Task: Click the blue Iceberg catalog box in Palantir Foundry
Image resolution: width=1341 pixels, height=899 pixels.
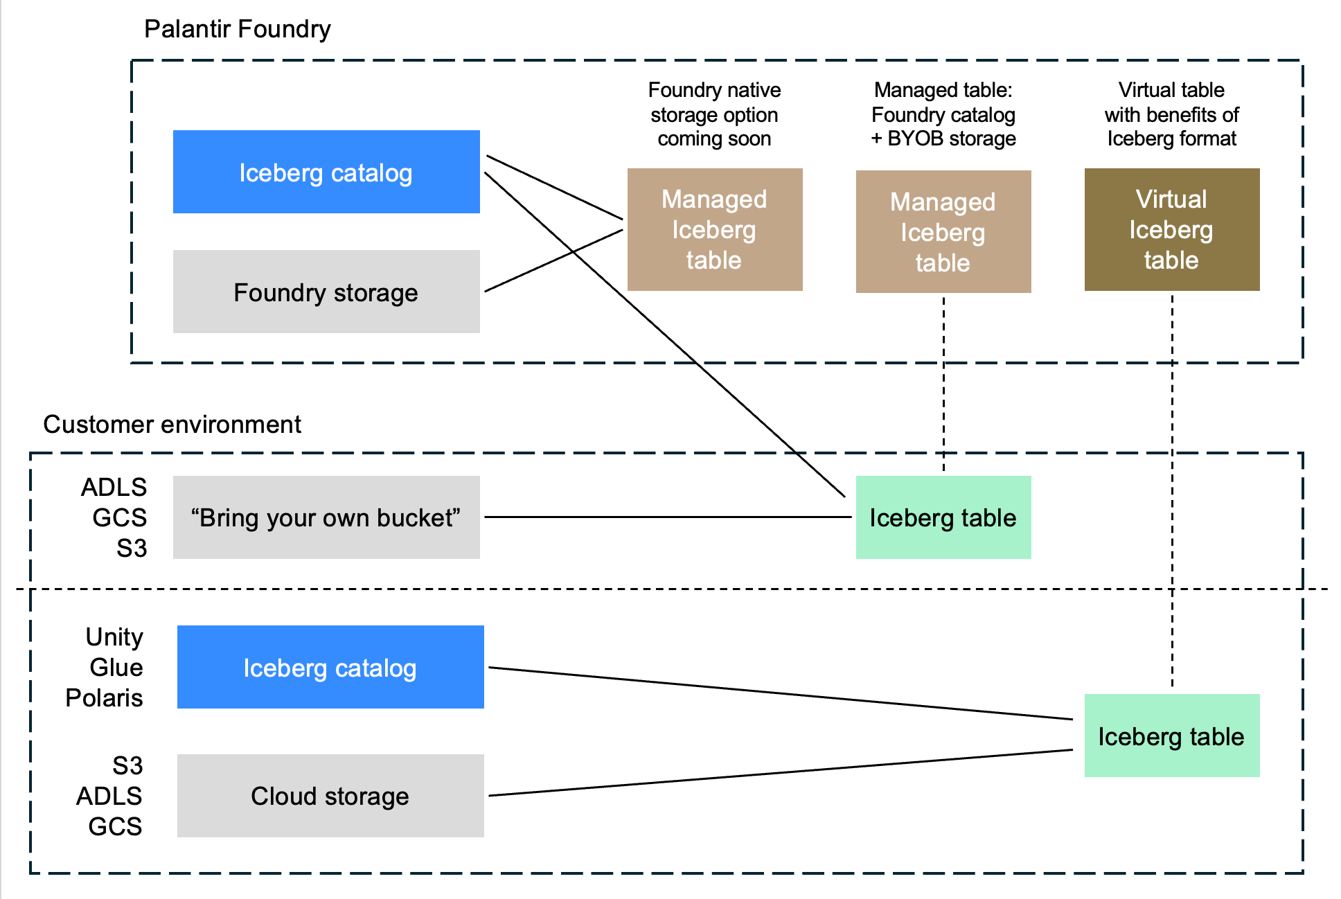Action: coord(326,172)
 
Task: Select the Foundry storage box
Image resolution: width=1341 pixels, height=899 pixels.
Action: coord(326,292)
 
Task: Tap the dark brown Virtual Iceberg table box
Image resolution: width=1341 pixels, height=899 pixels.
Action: coord(1171,229)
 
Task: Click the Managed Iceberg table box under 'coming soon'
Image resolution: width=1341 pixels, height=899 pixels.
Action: coord(714,229)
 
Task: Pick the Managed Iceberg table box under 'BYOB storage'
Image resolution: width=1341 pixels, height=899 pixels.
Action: coord(943,232)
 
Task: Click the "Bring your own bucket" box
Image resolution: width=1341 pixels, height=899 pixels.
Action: coord(326,517)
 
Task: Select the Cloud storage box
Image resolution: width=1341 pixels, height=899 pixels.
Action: coord(330,796)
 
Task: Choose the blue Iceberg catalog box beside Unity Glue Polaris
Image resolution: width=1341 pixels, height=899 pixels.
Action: coord(330,667)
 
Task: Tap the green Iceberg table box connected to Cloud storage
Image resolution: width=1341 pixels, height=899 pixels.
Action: coord(1171,736)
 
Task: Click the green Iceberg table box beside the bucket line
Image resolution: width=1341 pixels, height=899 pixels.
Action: coord(943,517)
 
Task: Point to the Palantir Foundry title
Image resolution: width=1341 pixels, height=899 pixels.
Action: coord(237,29)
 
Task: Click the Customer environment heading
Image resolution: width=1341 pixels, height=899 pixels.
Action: coord(172,424)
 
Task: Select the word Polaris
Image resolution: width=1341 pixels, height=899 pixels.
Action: coord(104,697)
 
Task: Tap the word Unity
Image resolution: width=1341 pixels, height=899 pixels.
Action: coord(114,637)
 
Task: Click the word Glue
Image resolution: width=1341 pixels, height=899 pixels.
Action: coord(116,667)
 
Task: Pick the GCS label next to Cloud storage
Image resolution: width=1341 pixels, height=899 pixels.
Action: coord(115,826)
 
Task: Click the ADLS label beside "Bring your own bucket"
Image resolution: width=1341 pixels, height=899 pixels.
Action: coord(114,487)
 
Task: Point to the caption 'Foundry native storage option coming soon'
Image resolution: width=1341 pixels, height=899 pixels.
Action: coord(714,114)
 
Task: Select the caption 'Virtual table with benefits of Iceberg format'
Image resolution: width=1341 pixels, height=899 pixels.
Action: coord(1171,114)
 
